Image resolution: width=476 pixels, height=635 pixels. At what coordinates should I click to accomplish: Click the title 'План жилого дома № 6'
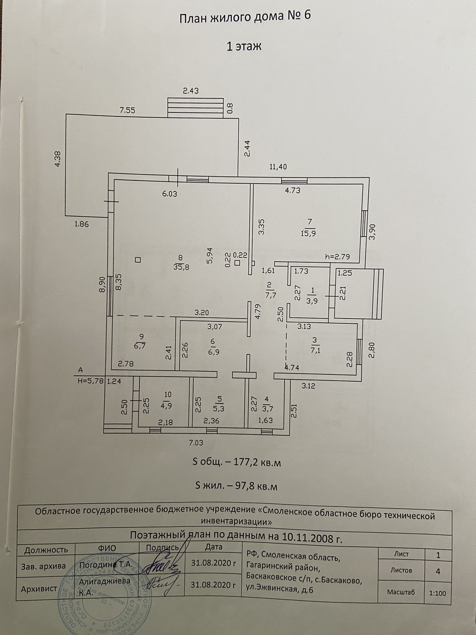coord(245,17)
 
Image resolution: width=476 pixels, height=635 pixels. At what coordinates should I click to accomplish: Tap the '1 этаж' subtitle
coord(244,46)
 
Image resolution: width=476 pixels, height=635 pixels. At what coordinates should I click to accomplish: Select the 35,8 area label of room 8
coord(181,267)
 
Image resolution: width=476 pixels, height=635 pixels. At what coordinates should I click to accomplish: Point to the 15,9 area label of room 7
coord(308,233)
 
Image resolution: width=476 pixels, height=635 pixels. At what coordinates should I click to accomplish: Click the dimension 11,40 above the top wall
coord(278,167)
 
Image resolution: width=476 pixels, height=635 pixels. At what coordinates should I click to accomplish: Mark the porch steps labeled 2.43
coord(195,107)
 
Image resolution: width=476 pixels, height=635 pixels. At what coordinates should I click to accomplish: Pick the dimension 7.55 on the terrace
coord(127,110)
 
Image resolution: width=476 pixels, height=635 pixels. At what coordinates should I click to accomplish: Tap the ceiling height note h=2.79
coord(337,257)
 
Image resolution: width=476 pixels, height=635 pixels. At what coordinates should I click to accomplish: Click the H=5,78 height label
coord(90,381)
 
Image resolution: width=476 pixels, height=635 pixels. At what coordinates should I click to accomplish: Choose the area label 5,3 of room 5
coord(219,409)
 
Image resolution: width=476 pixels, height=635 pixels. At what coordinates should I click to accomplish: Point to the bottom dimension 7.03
coord(196,442)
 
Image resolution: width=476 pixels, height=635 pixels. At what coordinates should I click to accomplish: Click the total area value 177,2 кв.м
coord(257,462)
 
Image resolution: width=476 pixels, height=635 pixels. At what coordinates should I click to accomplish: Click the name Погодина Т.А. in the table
coord(106,564)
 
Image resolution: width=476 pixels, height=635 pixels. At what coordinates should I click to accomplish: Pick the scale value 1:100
coord(437,594)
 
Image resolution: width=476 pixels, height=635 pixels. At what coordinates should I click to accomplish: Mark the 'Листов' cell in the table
coord(401,570)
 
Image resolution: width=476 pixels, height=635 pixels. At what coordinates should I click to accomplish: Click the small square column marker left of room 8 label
coord(138,260)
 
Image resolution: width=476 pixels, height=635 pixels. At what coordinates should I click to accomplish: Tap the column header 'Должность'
coord(46,549)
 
